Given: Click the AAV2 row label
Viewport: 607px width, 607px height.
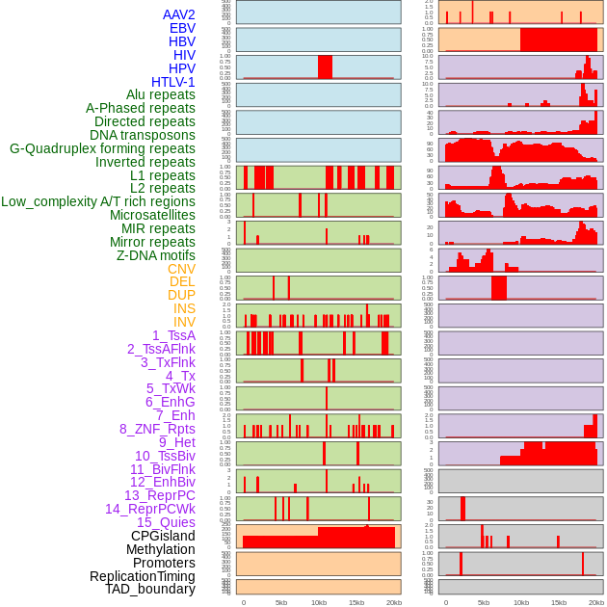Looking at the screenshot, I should (x=178, y=14).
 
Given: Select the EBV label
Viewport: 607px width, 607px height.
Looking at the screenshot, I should (x=182, y=28).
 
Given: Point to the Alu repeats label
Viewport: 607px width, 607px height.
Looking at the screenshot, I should (x=160, y=94).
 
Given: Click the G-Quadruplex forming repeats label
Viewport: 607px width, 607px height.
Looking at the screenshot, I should (x=102, y=148).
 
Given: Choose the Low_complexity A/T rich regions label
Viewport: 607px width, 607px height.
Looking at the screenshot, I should (x=98, y=201).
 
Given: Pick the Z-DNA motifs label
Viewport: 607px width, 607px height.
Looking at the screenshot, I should (x=155, y=255).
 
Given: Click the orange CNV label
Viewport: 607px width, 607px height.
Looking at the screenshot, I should (x=181, y=269).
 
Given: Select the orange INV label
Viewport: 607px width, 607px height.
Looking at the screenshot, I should (x=184, y=322).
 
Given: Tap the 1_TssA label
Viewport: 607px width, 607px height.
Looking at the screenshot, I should (x=173, y=335).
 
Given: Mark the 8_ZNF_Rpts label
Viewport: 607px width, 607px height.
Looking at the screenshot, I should (x=157, y=429).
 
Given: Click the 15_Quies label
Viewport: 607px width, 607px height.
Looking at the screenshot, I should (x=166, y=522).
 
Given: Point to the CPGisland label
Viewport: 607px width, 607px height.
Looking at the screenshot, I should (x=163, y=536).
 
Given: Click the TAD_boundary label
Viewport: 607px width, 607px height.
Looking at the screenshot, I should (x=150, y=589).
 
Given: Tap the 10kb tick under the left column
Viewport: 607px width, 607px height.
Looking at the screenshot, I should (x=318, y=602).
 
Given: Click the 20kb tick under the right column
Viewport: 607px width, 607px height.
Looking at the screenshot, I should (x=596, y=602).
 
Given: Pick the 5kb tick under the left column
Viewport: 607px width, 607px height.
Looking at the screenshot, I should (x=281, y=602).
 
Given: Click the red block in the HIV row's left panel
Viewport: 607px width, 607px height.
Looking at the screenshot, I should (x=325, y=66).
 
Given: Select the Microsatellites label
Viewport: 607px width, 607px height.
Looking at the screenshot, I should (x=152, y=215).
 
